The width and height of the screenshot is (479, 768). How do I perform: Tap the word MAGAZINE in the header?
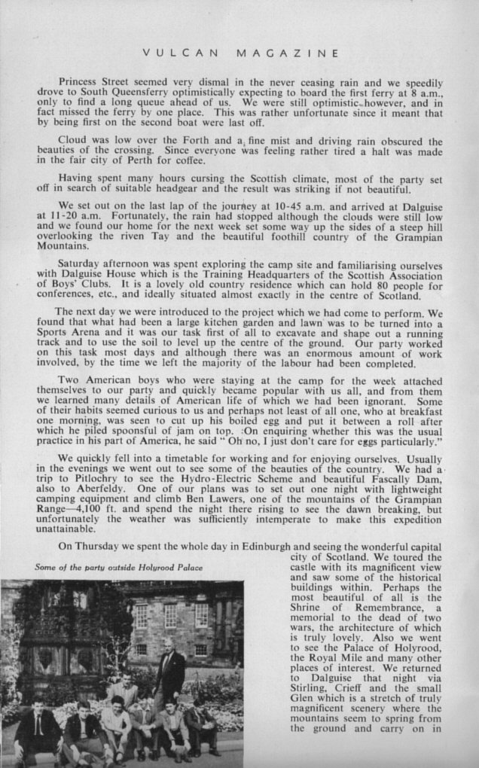pos(286,53)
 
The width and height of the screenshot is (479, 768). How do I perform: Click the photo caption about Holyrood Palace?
pos(119,566)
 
